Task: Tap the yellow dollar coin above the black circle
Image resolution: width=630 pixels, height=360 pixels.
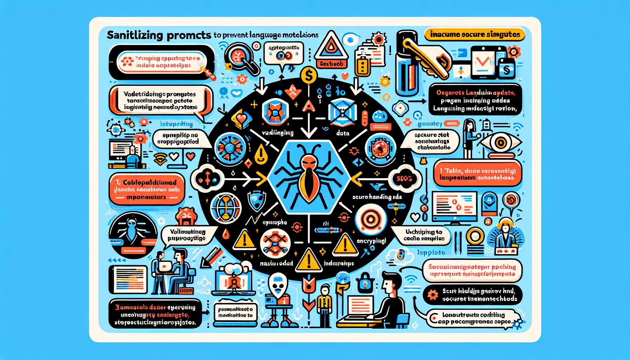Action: [309, 75]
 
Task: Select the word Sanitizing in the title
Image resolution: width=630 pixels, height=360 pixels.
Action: [135, 35]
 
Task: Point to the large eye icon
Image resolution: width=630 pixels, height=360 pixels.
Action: [501, 143]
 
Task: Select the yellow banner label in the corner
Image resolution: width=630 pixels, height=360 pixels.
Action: [475, 35]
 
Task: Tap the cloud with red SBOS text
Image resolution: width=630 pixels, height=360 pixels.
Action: [405, 179]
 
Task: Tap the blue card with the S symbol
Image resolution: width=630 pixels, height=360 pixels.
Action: [507, 69]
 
